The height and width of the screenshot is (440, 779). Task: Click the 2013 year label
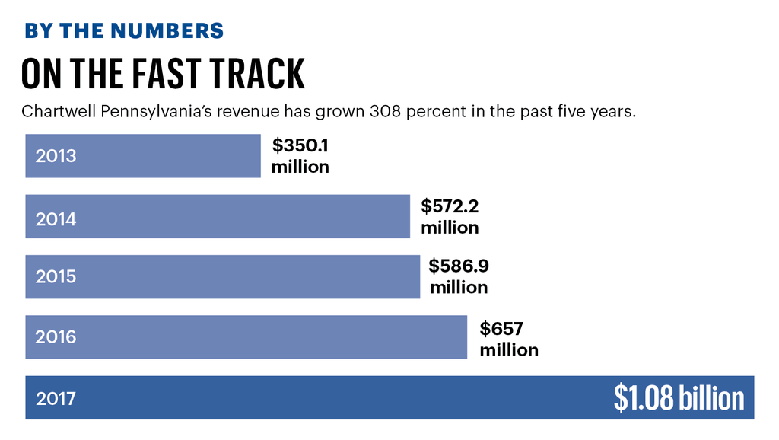coord(56,156)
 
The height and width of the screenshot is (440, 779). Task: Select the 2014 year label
coord(56,219)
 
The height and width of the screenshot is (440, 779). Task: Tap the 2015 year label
coord(56,276)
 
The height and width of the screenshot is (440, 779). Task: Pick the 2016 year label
coord(56,336)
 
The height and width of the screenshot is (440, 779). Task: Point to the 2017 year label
coord(56,397)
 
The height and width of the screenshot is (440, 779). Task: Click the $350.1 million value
coord(300,156)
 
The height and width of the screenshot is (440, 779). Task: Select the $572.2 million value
coord(450,217)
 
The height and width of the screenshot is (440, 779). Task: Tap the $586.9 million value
coord(458,276)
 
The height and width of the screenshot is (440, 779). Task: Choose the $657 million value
coord(508,340)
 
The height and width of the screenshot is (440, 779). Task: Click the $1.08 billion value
coord(679,398)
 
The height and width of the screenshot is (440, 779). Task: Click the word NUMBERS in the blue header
coord(168,31)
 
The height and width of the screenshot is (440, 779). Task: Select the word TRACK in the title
coord(261,74)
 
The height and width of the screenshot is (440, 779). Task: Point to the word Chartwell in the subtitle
coord(58,112)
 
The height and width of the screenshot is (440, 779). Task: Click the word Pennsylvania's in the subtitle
coord(160,112)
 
